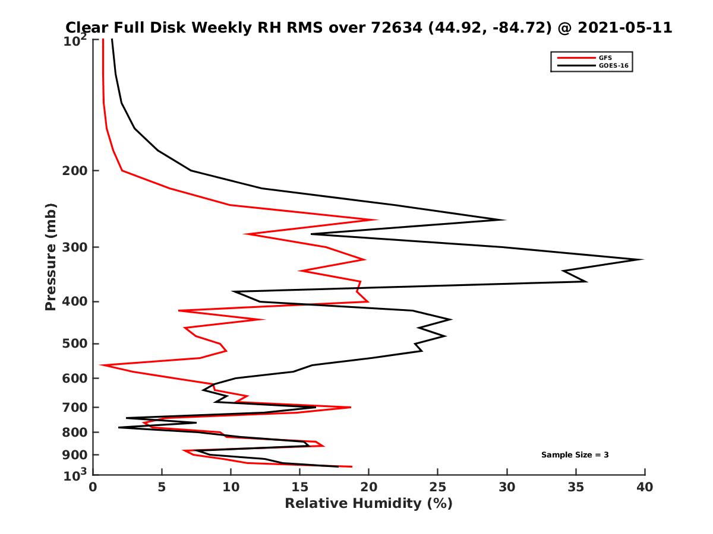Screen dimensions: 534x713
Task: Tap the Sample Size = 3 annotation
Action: [x=575, y=454]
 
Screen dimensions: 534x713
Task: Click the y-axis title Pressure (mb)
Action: [x=51, y=257]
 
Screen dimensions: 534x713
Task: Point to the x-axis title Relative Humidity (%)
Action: [x=368, y=504]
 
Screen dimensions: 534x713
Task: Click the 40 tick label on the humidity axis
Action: [x=645, y=488]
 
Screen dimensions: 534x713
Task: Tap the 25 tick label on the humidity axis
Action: [x=438, y=488]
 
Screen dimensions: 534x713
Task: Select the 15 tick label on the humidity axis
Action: [x=299, y=488]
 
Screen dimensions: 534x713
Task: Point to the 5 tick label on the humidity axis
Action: [x=162, y=488]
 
